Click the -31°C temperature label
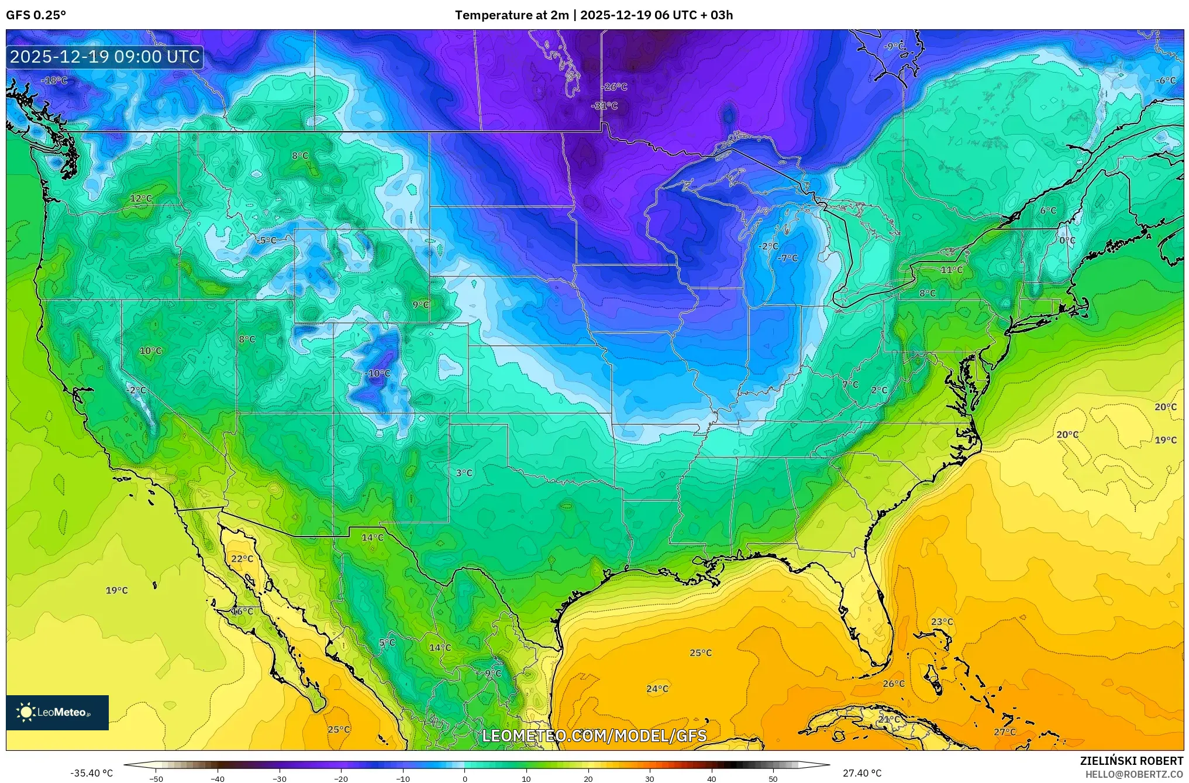pos(605,106)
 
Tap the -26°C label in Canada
pos(615,87)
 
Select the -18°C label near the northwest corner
pos(54,80)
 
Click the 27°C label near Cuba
pos(1004,732)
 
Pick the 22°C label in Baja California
pos(242,559)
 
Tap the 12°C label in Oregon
pos(141,198)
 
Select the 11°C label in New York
pos(952,270)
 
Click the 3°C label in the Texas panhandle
pos(464,473)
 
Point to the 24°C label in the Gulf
pos(657,689)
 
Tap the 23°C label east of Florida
pos(942,621)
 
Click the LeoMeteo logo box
pos(57,712)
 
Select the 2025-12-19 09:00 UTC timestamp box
pos(105,57)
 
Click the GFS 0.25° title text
pos(36,15)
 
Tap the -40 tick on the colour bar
pos(218,778)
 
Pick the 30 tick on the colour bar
pos(650,778)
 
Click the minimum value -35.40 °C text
pos(92,773)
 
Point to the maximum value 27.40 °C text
pos(862,773)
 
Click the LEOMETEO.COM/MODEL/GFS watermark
pos(594,736)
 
